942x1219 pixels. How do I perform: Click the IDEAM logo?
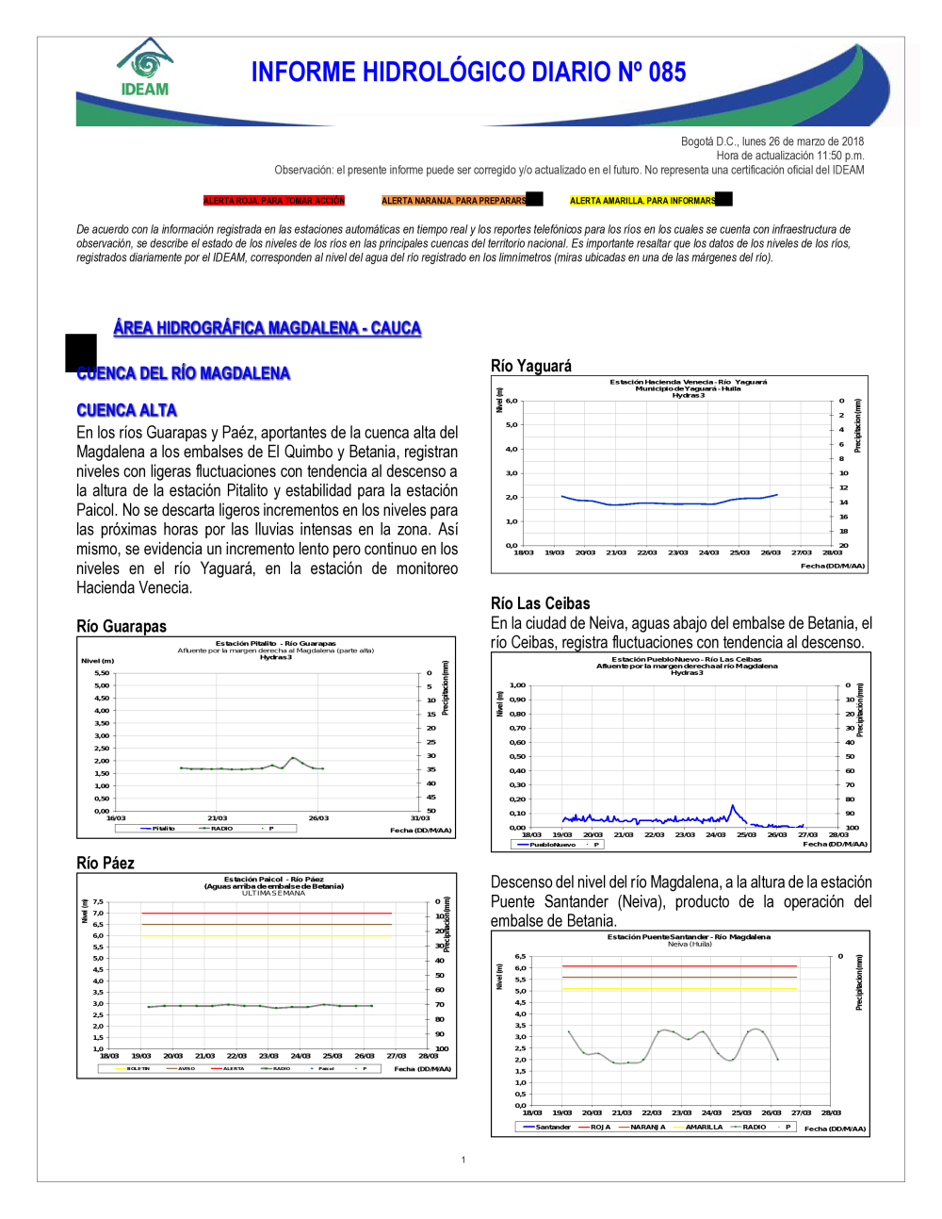[144, 68]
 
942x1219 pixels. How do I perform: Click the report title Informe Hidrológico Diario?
[468, 73]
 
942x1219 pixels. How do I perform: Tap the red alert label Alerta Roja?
[274, 201]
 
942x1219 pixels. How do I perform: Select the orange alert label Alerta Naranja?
[454, 201]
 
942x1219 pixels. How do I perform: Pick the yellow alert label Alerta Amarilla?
[643, 201]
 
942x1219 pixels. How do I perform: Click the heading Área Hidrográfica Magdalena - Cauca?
[267, 328]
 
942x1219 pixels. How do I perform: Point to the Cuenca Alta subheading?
[126, 410]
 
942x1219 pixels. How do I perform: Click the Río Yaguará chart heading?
[530, 366]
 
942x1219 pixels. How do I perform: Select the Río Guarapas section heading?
[121, 626]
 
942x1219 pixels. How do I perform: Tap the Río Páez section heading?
[105, 863]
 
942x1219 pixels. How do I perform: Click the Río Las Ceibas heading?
[540, 603]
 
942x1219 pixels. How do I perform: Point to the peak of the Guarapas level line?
[293, 757]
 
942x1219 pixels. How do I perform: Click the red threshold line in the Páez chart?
[266, 914]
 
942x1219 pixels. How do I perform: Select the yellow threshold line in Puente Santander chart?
[678, 988]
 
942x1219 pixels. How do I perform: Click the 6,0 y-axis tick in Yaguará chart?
[512, 401]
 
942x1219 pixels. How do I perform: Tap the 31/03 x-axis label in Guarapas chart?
[419, 818]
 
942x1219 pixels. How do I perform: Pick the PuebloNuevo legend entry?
[552, 845]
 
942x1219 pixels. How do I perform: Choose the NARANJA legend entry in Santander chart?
[647, 1127]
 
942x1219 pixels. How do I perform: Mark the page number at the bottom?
[463, 1160]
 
